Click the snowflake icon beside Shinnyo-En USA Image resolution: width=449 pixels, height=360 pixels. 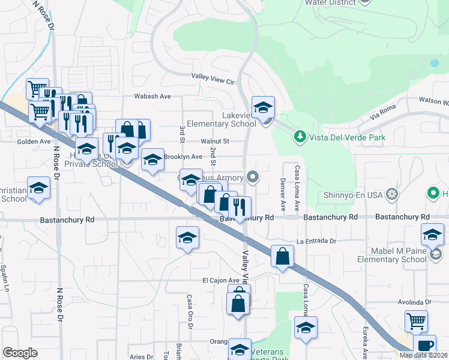point(392,194)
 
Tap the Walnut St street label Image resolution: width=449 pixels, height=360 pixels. point(215,142)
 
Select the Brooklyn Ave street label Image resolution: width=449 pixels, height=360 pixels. point(183,157)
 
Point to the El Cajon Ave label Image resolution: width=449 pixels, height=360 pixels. point(221,280)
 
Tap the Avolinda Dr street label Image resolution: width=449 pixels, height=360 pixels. point(414,303)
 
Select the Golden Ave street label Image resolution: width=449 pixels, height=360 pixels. point(34,142)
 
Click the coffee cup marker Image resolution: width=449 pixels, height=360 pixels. point(425,345)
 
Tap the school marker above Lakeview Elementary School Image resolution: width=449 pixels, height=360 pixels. point(263,107)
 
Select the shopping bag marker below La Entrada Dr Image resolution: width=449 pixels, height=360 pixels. point(282,256)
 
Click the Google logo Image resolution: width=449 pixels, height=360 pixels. point(20,352)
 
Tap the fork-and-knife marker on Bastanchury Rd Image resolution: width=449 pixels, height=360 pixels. point(240,208)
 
